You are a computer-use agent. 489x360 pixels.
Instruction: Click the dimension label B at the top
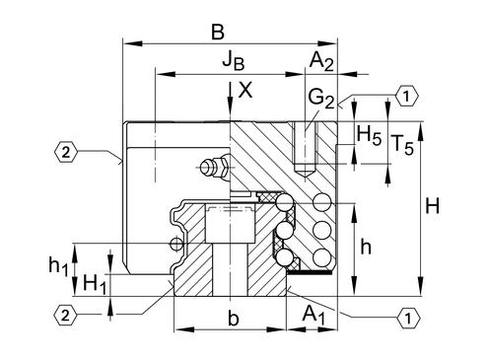[218, 33]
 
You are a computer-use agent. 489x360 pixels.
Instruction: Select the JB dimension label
[234, 60]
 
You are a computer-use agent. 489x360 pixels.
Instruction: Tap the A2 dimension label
[321, 61]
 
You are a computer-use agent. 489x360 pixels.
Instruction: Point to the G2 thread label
[321, 99]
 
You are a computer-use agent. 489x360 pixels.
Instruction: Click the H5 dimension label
[369, 135]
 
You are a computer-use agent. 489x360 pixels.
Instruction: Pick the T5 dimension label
[403, 144]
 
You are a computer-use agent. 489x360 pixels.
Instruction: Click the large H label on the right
[432, 206]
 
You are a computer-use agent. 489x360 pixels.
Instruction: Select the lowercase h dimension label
[366, 247]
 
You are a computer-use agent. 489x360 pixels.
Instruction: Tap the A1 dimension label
[314, 315]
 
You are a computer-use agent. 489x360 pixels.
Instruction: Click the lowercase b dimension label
[234, 318]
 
